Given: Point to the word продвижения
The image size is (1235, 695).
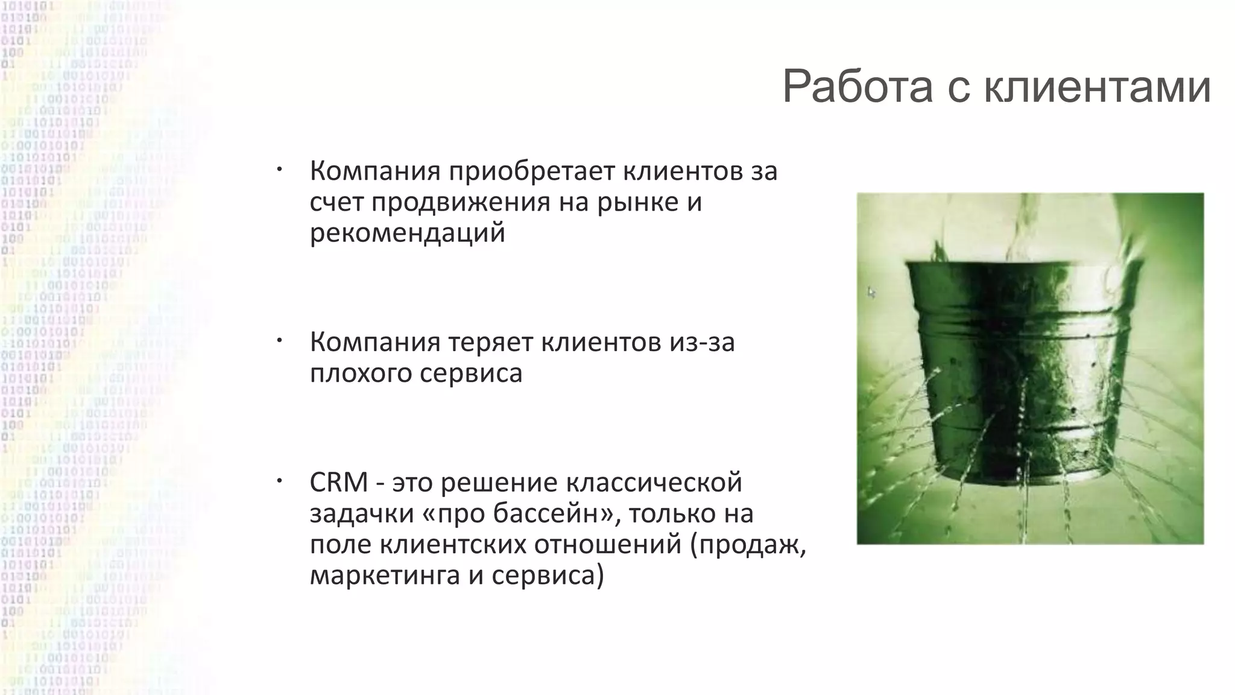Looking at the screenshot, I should (460, 203).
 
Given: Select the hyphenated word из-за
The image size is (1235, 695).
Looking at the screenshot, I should (701, 343).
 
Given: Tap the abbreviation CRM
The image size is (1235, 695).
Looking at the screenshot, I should (338, 483).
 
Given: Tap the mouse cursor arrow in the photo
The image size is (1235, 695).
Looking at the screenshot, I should (871, 293).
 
